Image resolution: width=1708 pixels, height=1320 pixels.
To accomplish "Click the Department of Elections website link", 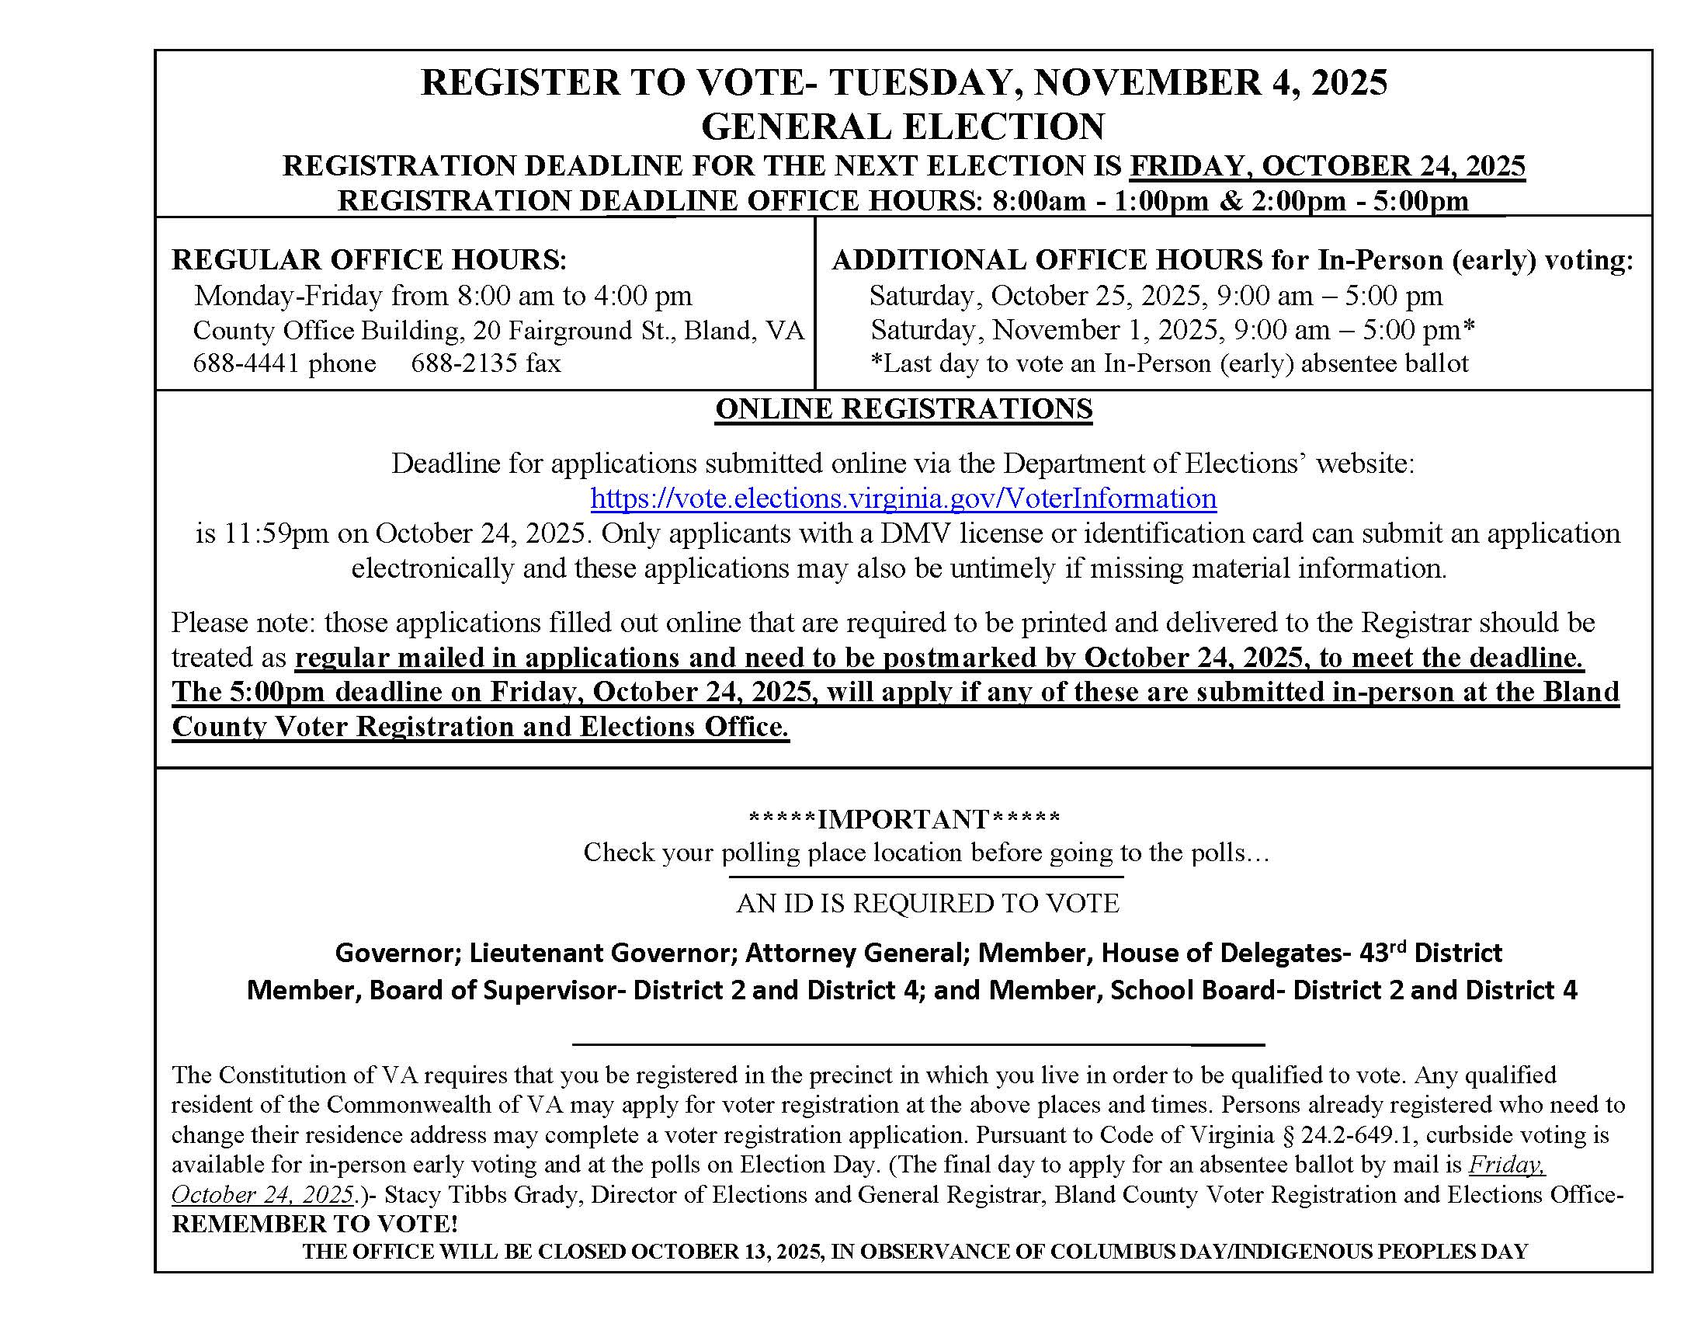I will click(903, 498).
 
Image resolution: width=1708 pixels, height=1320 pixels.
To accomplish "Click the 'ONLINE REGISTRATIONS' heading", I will click(903, 409).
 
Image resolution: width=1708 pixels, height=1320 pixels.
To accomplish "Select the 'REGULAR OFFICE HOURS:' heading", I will click(369, 259).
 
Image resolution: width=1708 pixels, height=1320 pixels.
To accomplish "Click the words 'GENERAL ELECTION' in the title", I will click(903, 126).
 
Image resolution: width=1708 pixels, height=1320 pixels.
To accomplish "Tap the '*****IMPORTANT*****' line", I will click(904, 818).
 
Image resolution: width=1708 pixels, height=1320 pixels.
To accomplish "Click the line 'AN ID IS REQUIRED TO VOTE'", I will click(928, 903).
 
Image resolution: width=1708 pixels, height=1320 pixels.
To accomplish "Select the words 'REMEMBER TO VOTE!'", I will click(315, 1224).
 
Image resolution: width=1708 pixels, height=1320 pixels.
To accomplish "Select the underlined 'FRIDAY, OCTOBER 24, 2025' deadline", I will click(1327, 166).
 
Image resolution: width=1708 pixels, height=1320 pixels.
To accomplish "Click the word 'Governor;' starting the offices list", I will click(398, 953).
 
